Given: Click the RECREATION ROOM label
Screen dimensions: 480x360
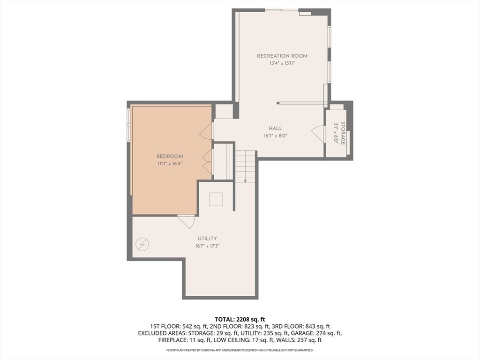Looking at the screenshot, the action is [282, 56].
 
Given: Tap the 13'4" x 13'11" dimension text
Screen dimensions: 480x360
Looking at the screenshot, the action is [282, 63].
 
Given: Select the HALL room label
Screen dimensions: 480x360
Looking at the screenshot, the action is [275, 128].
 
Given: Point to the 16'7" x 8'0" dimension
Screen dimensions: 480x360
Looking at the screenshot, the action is [275, 136].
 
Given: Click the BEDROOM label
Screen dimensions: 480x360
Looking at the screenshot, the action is [170, 157].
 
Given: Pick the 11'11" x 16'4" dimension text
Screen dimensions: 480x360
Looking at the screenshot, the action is [170, 164].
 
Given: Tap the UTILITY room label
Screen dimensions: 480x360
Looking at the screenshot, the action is [207, 239].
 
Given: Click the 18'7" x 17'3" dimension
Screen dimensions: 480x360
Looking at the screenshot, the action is [207, 246].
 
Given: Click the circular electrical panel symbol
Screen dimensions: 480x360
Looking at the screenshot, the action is [142, 244].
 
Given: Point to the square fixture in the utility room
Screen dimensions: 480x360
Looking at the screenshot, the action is [216, 199].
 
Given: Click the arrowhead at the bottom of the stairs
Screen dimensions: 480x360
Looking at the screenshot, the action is [245, 181].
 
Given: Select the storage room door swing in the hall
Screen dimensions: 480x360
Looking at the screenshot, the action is [318, 134].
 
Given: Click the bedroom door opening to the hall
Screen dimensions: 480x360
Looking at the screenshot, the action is [206, 131].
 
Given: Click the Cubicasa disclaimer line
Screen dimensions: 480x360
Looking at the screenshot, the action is [240, 350].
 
